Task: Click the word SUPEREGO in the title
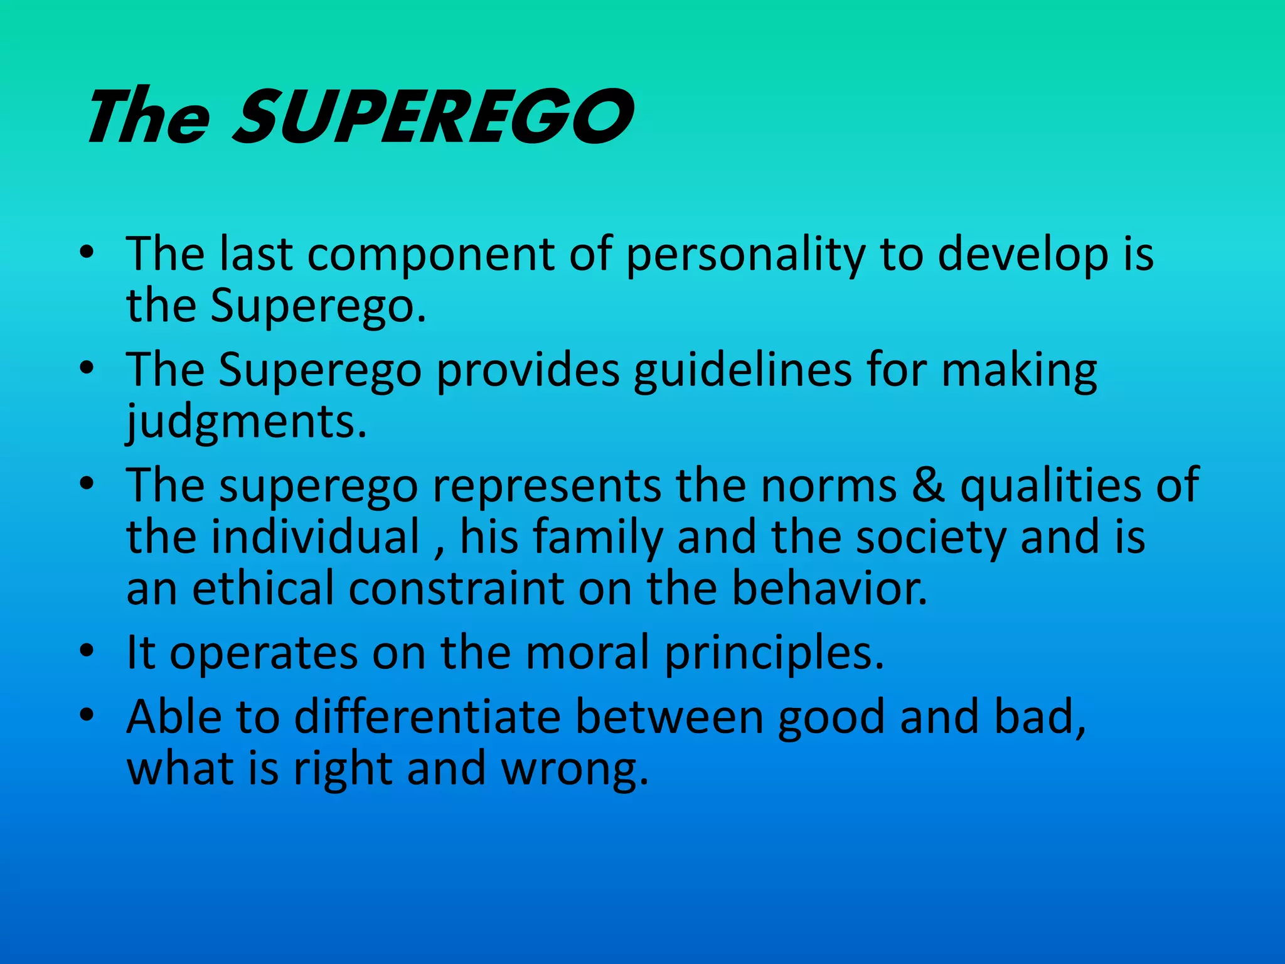433,116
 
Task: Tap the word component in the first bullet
430,254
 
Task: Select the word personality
745,254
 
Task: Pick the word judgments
246,422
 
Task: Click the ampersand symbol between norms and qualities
928,485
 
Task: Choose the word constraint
457,588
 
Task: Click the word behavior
829,588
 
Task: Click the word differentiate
427,717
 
